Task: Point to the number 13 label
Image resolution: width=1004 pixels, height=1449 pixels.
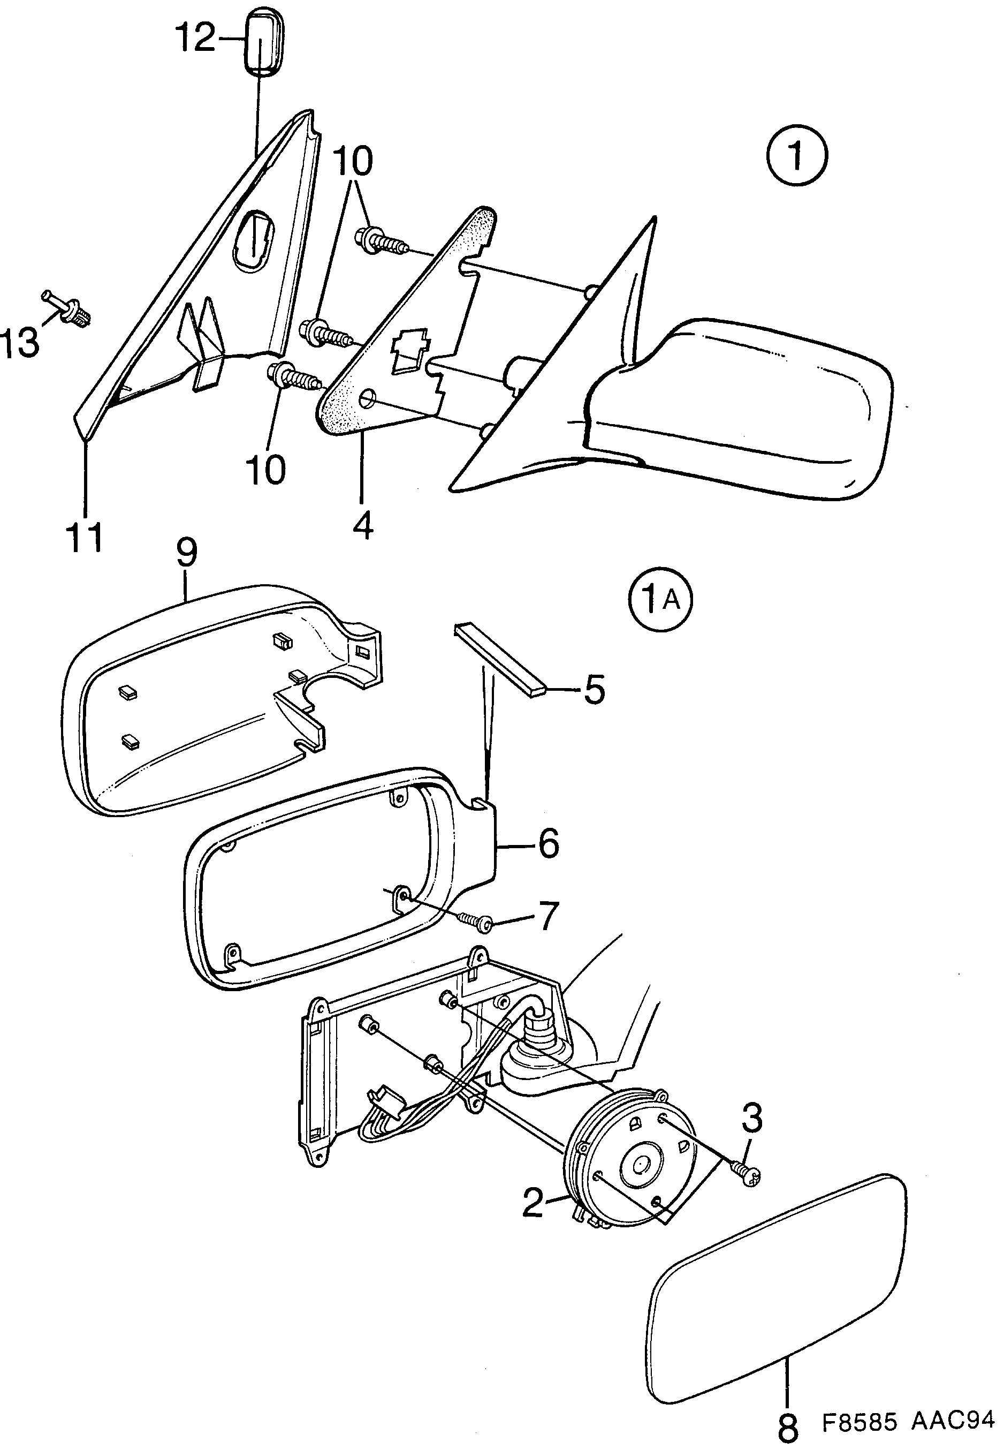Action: pyautogui.click(x=20, y=343)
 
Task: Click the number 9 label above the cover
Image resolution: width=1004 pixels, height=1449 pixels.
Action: pyautogui.click(x=186, y=552)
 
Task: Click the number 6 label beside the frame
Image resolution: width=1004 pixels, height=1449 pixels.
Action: pyautogui.click(x=548, y=843)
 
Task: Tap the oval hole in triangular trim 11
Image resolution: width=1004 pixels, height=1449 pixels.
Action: pyautogui.click(x=254, y=242)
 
